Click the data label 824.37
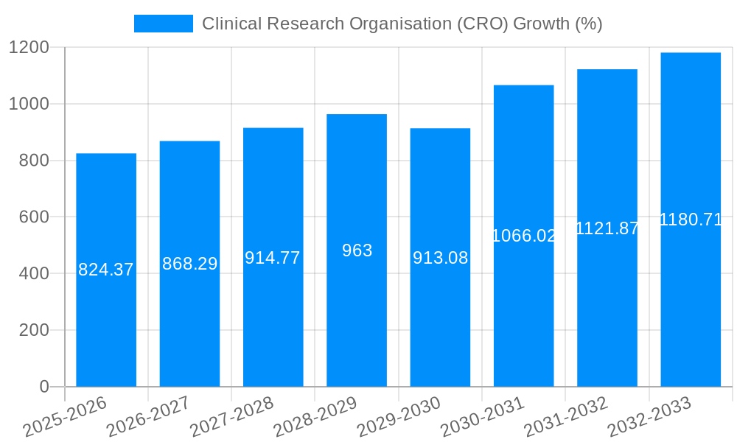tap(106, 270)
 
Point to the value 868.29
tap(189, 264)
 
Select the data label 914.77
tap(273, 258)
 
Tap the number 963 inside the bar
tap(357, 250)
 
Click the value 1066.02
tap(523, 236)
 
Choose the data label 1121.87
tap(607, 228)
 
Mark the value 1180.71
tap(691, 220)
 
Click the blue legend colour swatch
tap(163, 24)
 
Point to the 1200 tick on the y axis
tap(29, 47)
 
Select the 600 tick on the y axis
tap(33, 217)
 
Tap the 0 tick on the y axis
tap(43, 387)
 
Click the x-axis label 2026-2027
tap(148, 417)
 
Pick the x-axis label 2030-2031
tap(482, 417)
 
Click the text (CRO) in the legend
tap(482, 24)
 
